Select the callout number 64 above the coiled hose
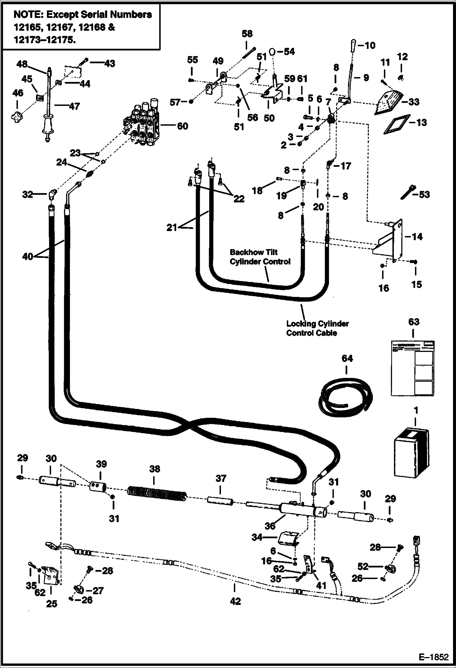(347, 358)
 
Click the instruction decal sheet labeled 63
(412, 368)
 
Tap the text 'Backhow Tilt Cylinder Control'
(260, 257)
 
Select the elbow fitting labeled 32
(52, 194)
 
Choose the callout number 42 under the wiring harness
(235, 601)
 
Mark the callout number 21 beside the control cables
(172, 227)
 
